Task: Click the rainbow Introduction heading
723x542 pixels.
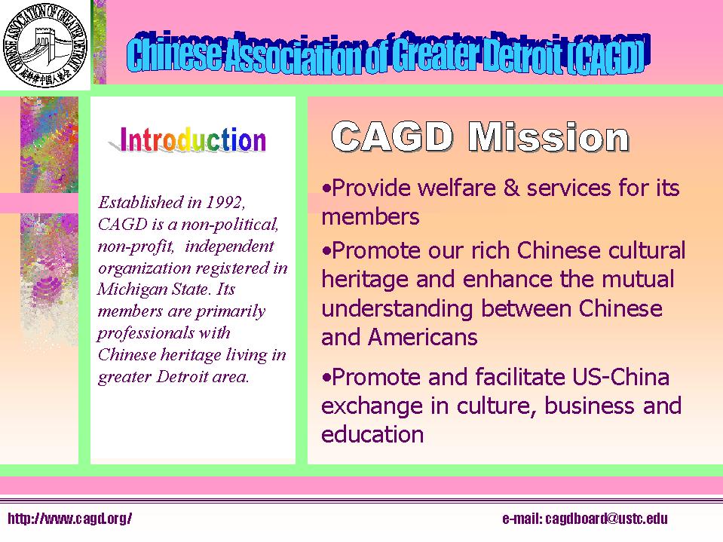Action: click(193, 140)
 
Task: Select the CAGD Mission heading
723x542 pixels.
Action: click(480, 136)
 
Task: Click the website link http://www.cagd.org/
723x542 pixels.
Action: click(69, 519)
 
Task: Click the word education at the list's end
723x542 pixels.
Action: click(372, 434)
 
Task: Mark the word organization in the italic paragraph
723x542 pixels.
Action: click(141, 268)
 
